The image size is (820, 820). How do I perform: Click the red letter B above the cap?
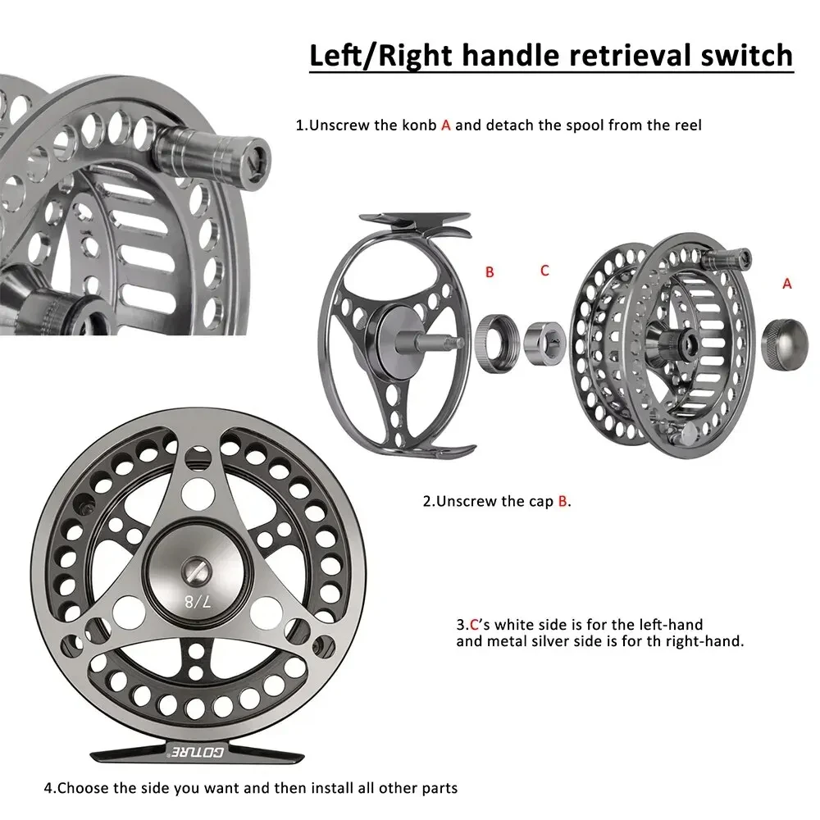490,272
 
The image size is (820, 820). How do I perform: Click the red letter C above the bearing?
544,270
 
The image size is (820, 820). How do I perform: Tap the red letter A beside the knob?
787,283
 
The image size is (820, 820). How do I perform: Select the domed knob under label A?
786,337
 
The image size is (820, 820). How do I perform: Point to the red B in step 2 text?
563,501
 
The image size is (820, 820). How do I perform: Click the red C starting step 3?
473,625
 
